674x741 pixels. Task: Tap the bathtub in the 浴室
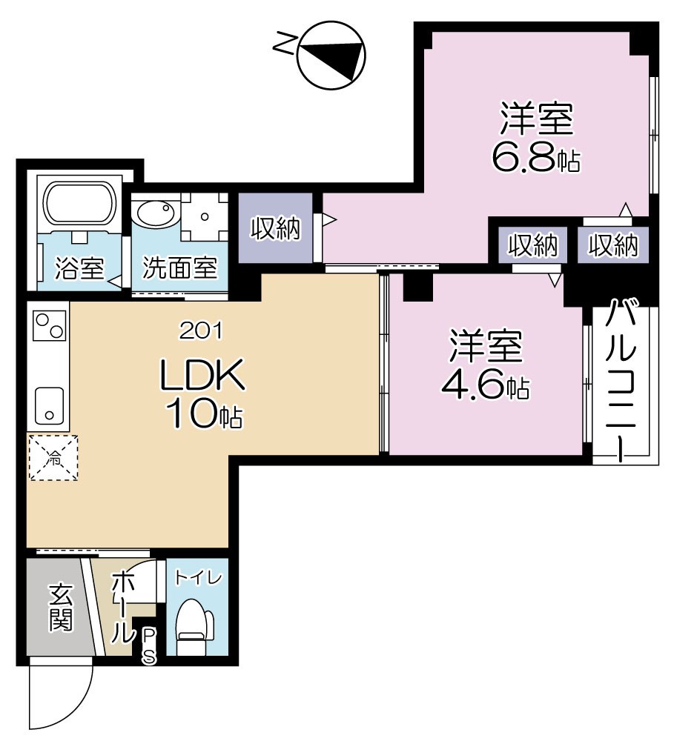click(79, 204)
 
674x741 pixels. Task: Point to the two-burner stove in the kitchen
click(49, 325)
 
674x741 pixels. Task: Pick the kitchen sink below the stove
click(49, 404)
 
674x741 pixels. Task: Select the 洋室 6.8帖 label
click(536, 139)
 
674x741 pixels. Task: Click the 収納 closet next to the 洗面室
click(274, 229)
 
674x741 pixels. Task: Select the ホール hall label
click(123, 607)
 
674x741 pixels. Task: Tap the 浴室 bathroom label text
click(79, 269)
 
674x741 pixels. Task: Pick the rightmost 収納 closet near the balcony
click(613, 245)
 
